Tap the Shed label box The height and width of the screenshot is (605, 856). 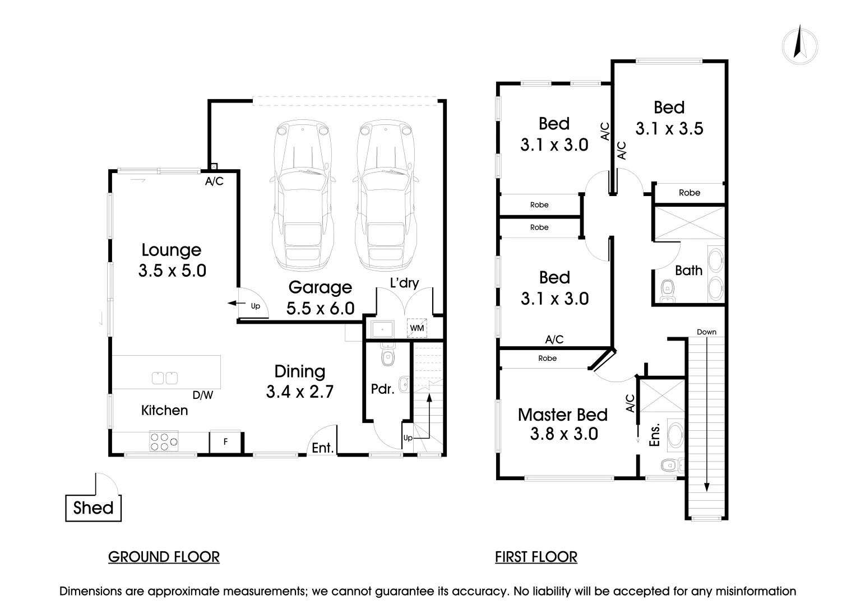93,508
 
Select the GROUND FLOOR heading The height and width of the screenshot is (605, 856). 164,557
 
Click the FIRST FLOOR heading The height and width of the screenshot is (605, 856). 536,557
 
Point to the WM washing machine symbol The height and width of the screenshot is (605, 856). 417,328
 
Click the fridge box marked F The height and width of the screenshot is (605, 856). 225,441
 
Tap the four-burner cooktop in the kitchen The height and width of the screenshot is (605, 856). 164,441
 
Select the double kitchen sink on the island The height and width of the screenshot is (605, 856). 165,378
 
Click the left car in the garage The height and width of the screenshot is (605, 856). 303,196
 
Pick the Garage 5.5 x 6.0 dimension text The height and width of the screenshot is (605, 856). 321,308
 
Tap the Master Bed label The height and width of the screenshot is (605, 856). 562,415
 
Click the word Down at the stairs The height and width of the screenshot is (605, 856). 706,332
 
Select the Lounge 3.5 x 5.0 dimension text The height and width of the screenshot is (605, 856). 172,271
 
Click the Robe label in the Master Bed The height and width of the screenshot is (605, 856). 547,359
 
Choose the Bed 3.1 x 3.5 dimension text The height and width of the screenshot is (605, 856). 669,129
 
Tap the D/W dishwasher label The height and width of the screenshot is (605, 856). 203,395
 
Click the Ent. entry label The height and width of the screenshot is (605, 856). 323,448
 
